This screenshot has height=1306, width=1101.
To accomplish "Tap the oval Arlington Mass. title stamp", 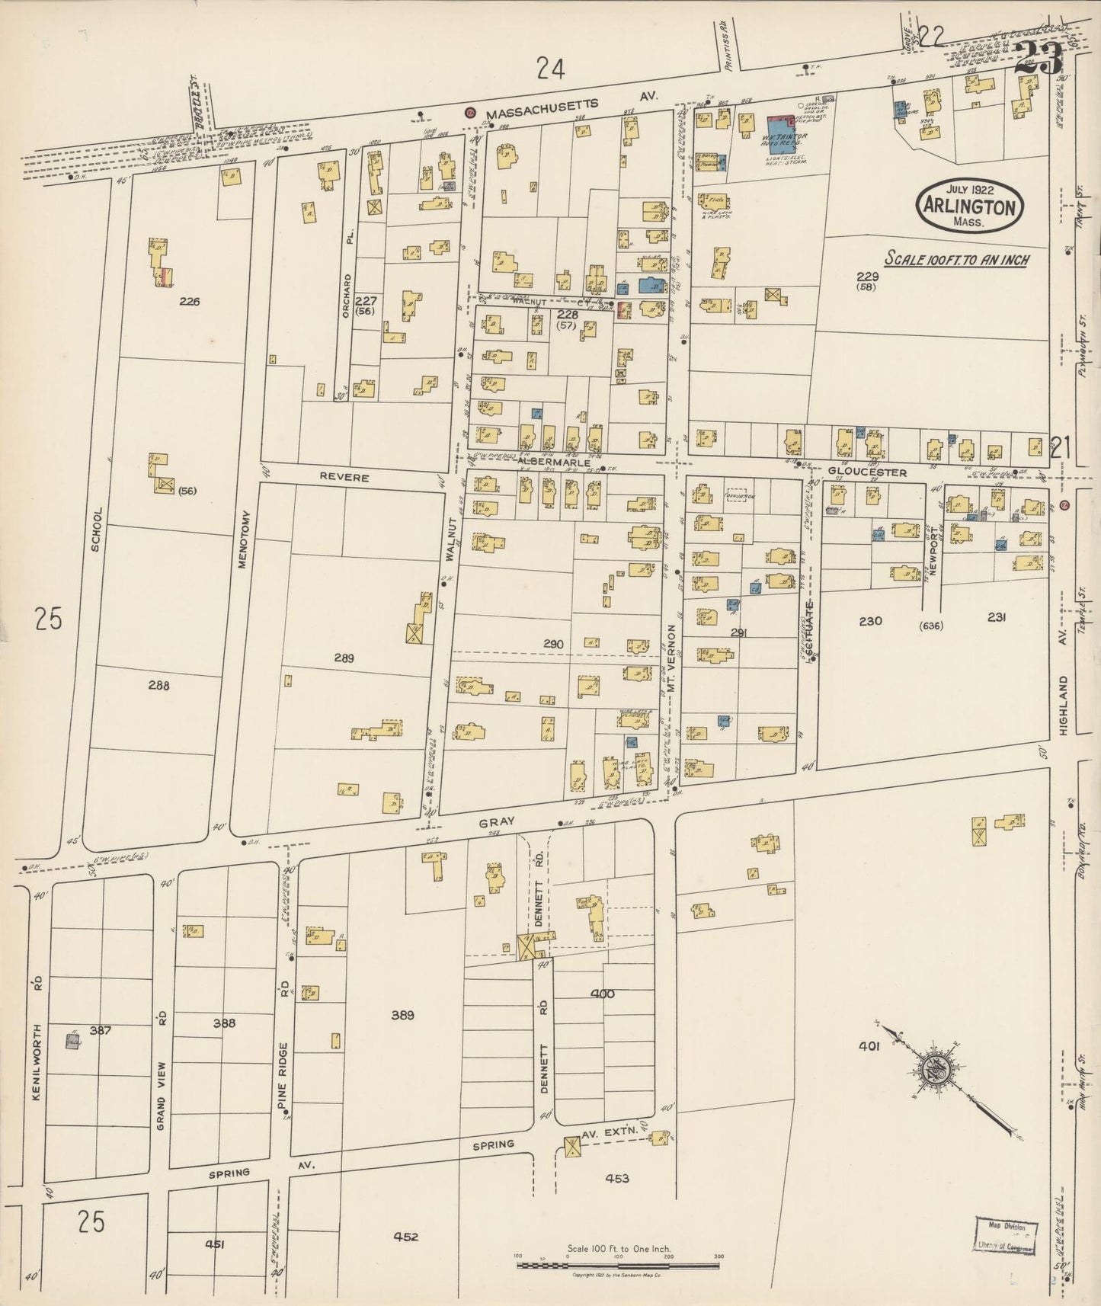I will (969, 206).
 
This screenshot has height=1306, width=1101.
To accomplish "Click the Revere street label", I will (344, 478).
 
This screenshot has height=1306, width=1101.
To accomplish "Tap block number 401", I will (869, 1046).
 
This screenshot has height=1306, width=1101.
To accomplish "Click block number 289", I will (344, 658).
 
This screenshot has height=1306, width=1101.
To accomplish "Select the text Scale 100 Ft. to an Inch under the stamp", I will (956, 260).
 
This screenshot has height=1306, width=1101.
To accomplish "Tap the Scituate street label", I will (810, 626).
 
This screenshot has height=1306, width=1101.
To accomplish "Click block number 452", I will (406, 1237).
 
